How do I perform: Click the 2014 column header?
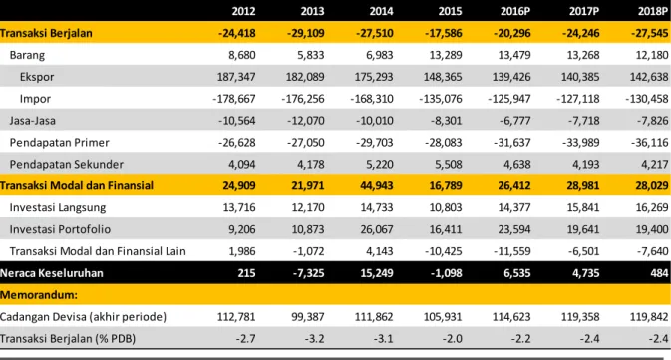pos(381,11)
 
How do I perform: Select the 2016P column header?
pos(515,11)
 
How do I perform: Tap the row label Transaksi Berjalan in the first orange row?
pos(46,33)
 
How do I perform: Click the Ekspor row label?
pos(37,77)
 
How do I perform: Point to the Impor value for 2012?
pos(234,99)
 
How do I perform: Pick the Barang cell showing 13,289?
pos(445,55)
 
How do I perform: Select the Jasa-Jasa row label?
pos(33,121)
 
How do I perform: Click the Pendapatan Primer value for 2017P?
pos(580,143)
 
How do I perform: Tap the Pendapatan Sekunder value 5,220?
pos(379,164)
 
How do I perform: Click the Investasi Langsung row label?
pos(58,207)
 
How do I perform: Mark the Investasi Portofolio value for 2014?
pos(377,229)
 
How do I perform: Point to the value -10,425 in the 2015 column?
pos(444,251)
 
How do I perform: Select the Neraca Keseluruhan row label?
pos(52,273)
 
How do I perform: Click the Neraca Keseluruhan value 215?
pos(246,273)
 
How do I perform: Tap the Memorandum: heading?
pos(39,295)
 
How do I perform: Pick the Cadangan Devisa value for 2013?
pos(308,317)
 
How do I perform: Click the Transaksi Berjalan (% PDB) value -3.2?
pos(314,339)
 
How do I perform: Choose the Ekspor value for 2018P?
pos(649,77)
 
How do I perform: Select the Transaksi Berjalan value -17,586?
pos(444,33)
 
